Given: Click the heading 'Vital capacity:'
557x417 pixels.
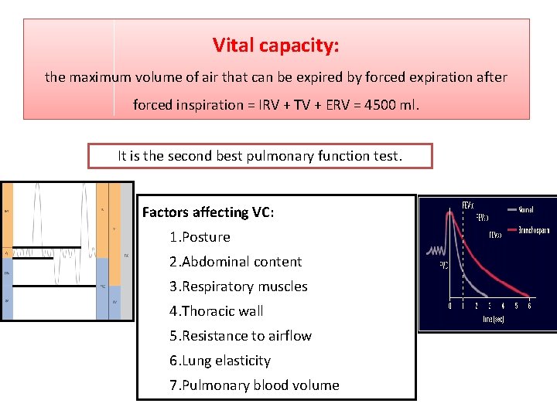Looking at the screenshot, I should (276, 46).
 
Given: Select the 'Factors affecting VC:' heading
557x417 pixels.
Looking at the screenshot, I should (207, 212).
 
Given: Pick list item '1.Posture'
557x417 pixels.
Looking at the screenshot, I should (200, 237).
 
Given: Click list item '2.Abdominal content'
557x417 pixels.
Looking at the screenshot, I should (235, 262).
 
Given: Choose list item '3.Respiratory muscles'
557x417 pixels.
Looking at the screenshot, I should (238, 286).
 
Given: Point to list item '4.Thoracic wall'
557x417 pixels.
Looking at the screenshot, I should (217, 311).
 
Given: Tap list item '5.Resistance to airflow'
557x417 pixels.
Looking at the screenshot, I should (241, 336).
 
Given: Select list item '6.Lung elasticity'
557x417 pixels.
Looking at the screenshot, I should (220, 361).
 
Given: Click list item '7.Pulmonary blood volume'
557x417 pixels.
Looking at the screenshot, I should (254, 385).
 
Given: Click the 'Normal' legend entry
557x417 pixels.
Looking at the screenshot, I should (526, 209).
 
